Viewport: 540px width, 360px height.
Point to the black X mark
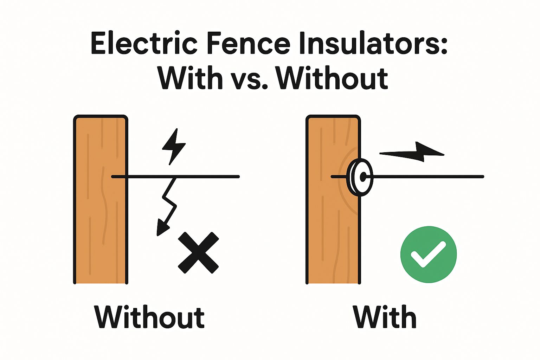click(x=198, y=252)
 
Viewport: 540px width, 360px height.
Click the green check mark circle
click(x=429, y=254)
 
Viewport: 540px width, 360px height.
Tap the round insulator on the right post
click(x=360, y=177)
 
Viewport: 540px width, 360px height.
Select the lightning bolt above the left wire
click(x=174, y=146)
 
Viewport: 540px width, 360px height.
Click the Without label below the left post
click(x=149, y=317)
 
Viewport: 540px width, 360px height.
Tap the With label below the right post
click(x=385, y=317)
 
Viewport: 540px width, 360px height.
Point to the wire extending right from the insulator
click(x=429, y=176)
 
